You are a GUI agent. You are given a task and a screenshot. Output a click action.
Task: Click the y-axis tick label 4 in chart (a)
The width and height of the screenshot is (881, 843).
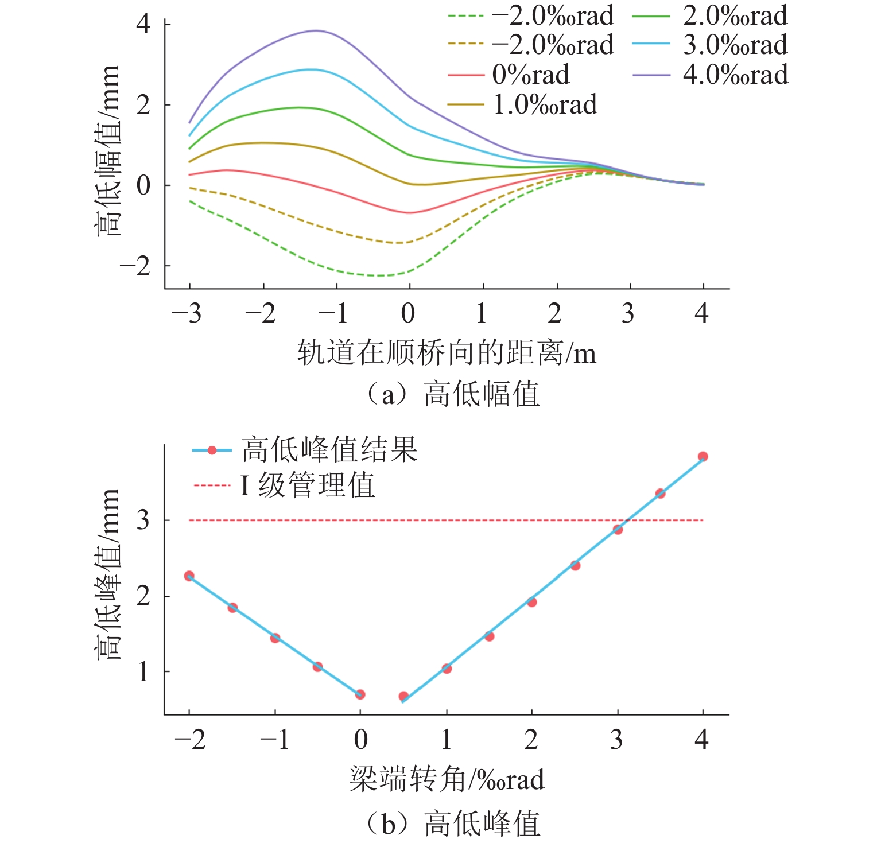(143, 24)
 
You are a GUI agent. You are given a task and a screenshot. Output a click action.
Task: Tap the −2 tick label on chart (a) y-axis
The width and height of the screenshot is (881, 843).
(135, 266)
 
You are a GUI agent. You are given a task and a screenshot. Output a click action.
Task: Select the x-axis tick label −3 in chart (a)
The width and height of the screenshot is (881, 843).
(187, 314)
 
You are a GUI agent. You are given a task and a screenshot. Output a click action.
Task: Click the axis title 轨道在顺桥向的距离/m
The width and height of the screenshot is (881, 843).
(447, 352)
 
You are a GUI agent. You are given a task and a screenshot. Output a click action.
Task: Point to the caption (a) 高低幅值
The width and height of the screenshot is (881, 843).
(453, 395)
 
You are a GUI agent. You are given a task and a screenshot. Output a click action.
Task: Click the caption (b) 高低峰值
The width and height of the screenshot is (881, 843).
(453, 823)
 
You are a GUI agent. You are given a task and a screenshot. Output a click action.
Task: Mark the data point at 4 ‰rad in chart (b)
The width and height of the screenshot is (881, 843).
(703, 457)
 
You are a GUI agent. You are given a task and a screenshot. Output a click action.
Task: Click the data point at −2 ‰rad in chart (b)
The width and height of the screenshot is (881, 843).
(189, 576)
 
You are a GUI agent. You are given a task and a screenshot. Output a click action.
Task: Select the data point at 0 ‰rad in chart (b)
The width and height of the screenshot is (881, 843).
(360, 694)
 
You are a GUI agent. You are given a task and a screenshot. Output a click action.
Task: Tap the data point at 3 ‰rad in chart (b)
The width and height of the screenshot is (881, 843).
(618, 530)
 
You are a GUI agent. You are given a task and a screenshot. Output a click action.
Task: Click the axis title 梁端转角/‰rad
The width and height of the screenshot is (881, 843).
(447, 780)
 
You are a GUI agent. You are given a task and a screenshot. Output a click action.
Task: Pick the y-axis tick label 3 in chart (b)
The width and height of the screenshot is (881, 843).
(143, 520)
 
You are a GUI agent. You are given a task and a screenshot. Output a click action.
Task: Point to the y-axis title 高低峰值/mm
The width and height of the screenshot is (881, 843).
(108, 574)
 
